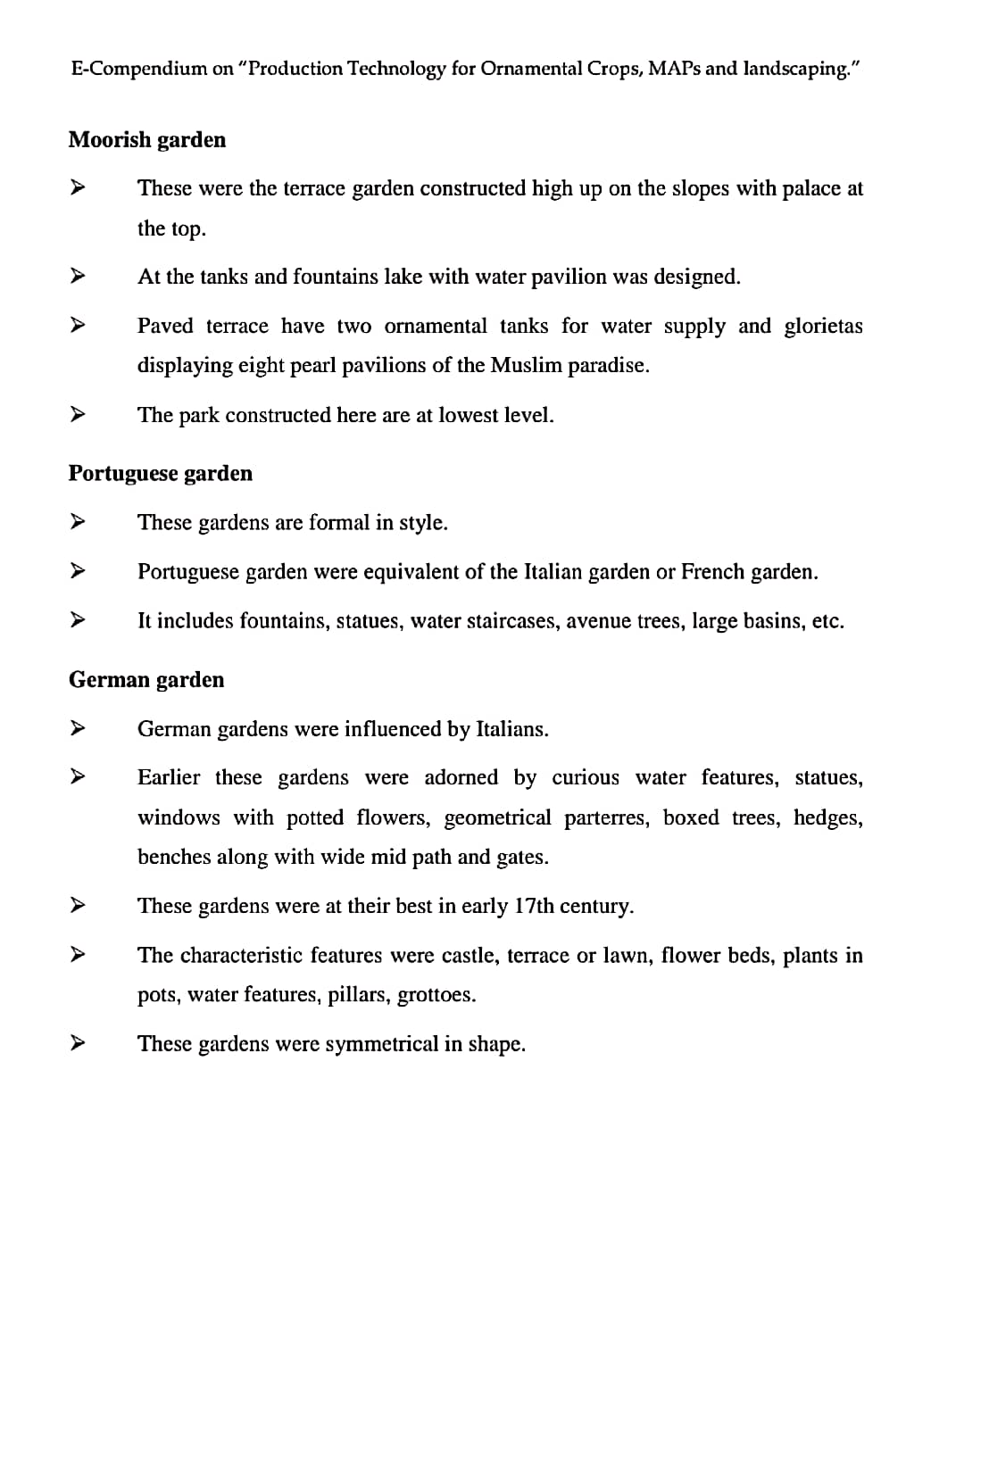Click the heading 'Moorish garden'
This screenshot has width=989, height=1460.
point(147,140)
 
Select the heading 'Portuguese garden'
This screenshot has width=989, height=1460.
point(161,474)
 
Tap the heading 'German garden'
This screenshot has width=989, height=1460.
point(146,680)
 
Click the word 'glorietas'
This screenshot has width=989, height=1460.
point(823,326)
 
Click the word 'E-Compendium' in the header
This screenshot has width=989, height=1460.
point(138,69)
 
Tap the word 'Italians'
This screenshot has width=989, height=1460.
point(511,729)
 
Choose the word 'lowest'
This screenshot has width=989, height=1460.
point(466,416)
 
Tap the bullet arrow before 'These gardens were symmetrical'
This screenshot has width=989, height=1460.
point(78,1041)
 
